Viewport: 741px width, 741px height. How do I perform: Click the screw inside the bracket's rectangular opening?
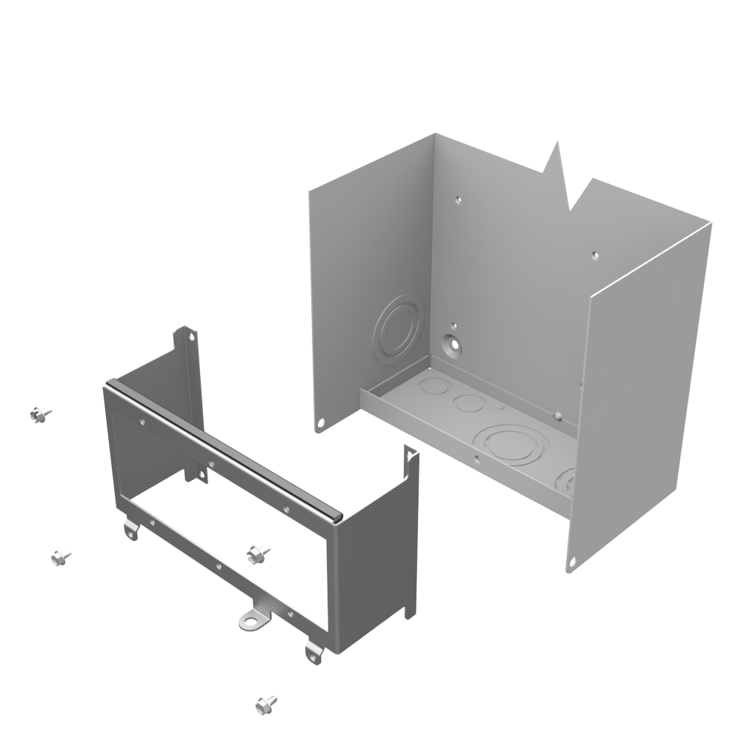257,553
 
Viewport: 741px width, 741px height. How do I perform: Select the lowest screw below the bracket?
265,705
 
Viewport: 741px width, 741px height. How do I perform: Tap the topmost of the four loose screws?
39,415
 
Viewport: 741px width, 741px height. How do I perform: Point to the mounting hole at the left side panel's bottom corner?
322,425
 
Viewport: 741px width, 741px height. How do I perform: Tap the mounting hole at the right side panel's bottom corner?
571,565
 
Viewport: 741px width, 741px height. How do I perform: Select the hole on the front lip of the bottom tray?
475,457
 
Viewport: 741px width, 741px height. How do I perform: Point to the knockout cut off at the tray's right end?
568,482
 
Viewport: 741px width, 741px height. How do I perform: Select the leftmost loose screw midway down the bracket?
59,557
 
